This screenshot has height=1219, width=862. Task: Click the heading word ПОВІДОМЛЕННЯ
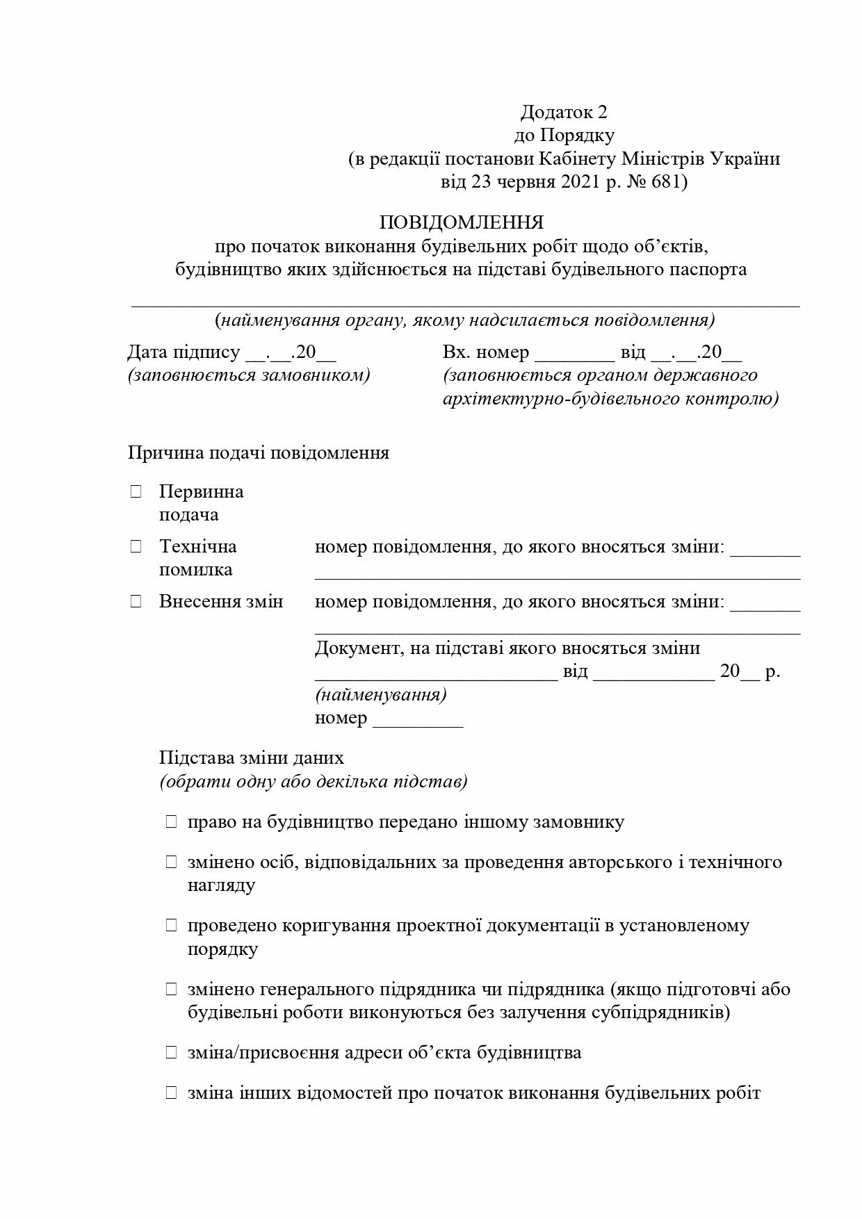(461, 223)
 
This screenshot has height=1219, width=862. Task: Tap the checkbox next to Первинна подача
(136, 492)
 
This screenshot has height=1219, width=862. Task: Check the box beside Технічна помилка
(136, 547)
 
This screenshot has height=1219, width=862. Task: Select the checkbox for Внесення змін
(136, 602)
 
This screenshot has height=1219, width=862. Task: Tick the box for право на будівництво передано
(171, 822)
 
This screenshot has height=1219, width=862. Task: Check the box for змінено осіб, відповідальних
(171, 862)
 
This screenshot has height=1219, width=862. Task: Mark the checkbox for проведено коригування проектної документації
(171, 926)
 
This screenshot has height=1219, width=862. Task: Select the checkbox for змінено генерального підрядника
(171, 989)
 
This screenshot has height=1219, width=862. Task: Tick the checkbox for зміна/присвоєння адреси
(171, 1053)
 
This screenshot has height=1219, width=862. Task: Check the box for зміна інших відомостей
(171, 1093)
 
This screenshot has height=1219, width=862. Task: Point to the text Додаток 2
(564, 112)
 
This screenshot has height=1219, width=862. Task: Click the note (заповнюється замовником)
(249, 376)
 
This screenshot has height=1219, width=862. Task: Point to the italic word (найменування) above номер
(381, 695)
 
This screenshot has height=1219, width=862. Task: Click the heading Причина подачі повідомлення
(259, 453)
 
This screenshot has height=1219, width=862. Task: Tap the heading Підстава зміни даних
(252, 758)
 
